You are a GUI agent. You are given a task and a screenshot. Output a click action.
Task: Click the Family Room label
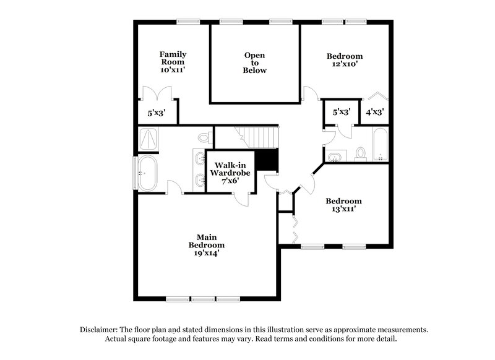coord(173,62)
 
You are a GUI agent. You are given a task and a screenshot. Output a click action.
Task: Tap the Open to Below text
coord(254,62)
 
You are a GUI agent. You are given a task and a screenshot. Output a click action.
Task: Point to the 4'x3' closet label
coord(374,113)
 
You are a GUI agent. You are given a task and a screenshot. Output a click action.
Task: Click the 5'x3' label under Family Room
coord(157,113)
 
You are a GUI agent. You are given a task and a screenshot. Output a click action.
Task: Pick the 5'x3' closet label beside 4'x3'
coord(342,113)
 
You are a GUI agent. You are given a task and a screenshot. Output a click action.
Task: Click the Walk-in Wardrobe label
coord(232,169)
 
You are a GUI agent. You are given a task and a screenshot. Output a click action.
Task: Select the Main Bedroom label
coord(206,241)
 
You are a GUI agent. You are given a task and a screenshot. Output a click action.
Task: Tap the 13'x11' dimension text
coord(344,210)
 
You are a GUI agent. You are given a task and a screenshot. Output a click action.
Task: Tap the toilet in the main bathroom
coord(205,137)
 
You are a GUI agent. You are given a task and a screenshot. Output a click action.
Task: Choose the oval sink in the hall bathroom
coord(335,156)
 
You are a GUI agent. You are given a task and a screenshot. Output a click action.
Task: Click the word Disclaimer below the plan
coord(100,330)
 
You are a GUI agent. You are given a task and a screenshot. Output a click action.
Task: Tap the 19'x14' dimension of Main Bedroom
coord(206,253)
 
